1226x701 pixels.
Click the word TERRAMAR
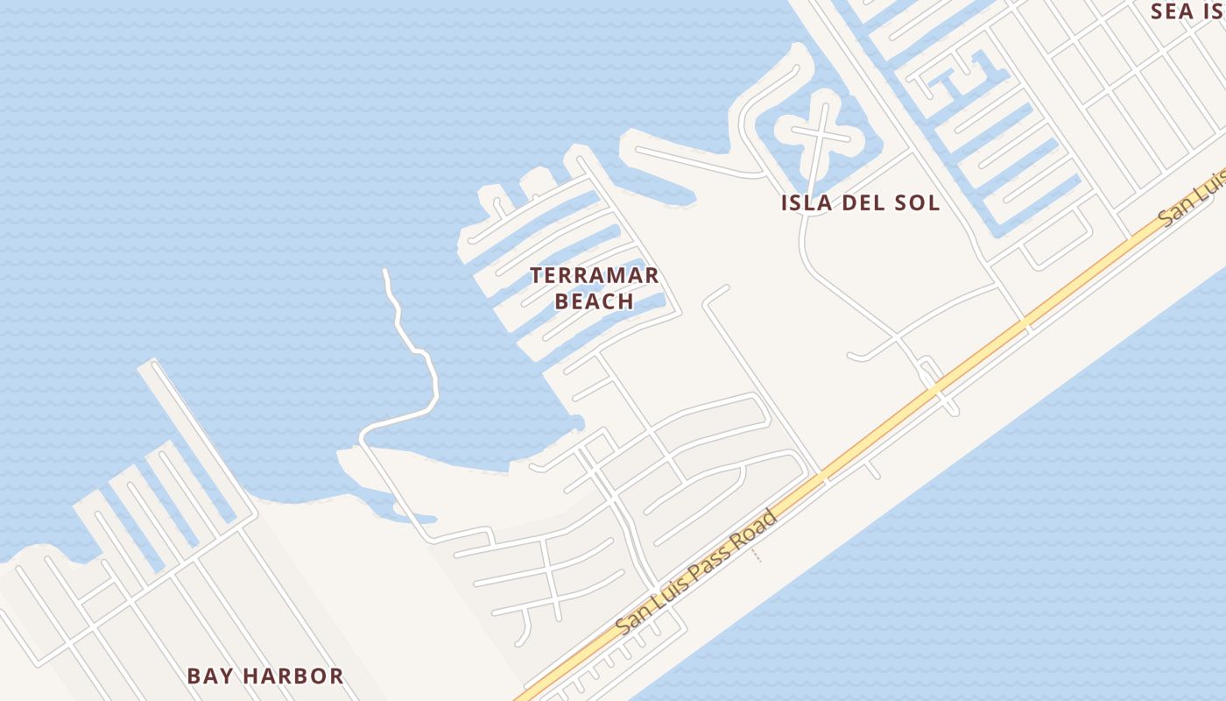594,275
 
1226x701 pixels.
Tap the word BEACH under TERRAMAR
594,301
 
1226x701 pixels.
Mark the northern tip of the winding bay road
385,272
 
